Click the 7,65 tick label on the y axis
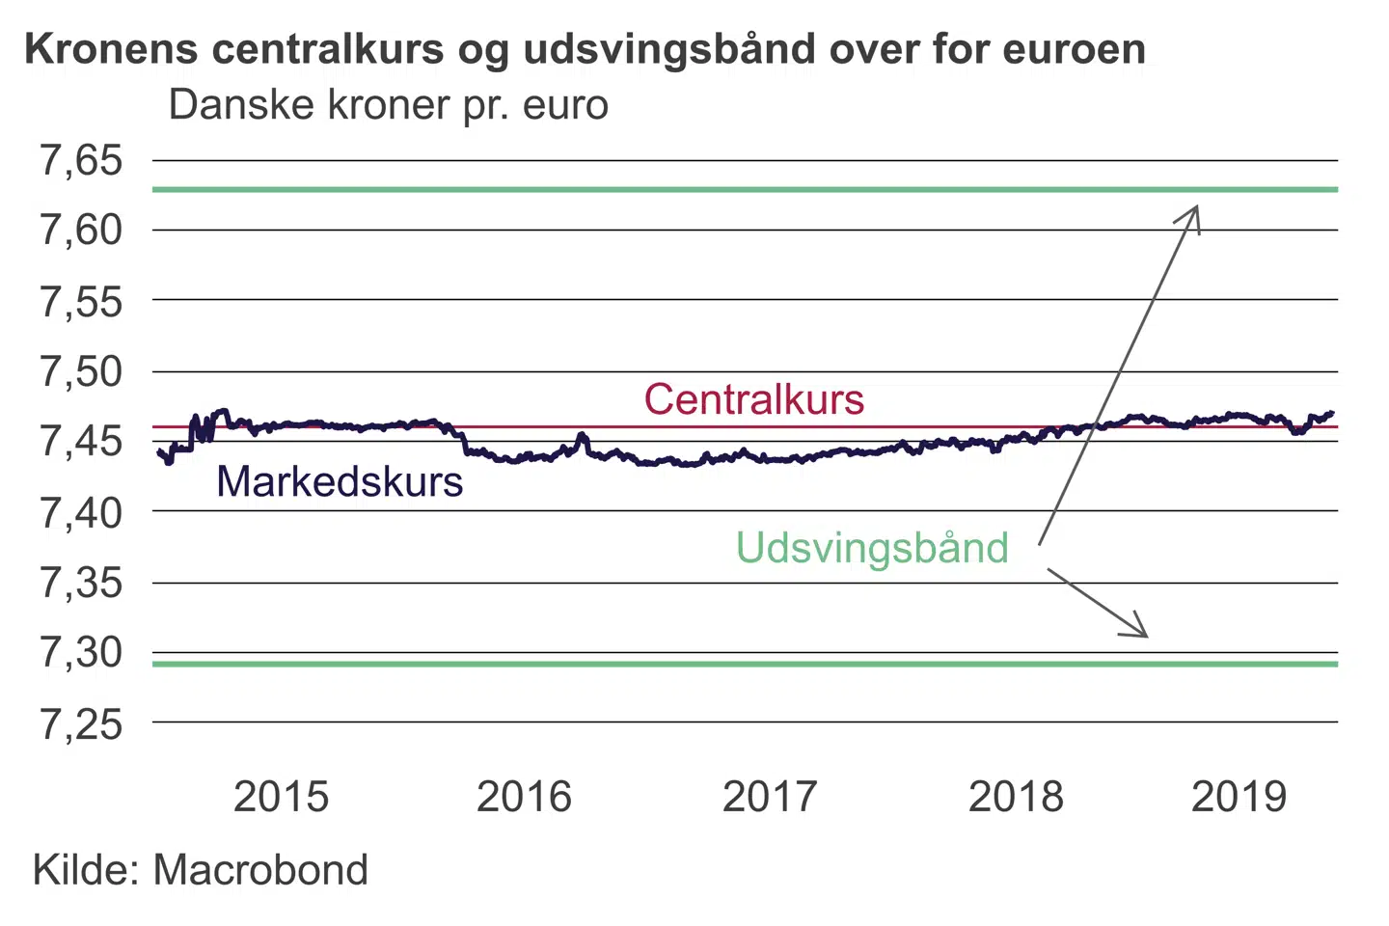pos(81,160)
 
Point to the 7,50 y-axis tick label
pos(81,371)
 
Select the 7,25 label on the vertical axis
pos(81,723)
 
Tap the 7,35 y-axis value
pos(81,583)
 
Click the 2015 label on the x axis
pos(281,797)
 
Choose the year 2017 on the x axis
pos(770,797)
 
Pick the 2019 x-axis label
pos(1239,797)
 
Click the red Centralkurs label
pos(753,399)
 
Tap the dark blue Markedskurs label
pos(340,481)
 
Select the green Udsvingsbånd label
pos(872,548)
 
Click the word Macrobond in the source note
pos(260,870)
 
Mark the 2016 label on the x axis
pos(524,797)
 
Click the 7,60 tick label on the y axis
pos(81,231)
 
